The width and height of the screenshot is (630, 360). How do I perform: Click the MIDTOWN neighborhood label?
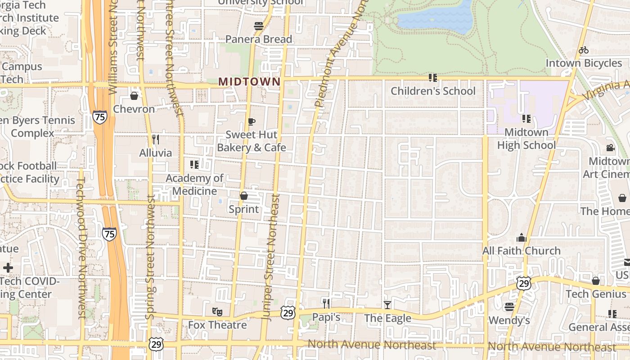tap(249, 81)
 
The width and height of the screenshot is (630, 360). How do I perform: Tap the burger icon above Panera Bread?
tap(258, 26)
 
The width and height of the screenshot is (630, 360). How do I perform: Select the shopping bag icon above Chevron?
tap(134, 96)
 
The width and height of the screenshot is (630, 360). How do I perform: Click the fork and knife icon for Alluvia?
tap(155, 139)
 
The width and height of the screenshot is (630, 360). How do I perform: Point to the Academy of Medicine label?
tap(194, 184)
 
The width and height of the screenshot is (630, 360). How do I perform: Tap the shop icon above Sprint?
tap(243, 196)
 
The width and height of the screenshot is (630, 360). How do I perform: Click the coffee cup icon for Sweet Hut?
tap(251, 121)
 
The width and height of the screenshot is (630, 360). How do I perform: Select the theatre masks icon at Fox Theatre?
tap(217, 311)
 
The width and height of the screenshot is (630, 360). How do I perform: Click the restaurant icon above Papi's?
tap(326, 304)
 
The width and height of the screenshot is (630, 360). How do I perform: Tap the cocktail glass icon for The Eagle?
tap(387, 305)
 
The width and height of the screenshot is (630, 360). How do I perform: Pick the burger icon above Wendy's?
tap(509, 307)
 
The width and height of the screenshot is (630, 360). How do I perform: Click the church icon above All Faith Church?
tap(522, 238)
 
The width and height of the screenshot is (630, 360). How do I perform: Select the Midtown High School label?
tap(526, 139)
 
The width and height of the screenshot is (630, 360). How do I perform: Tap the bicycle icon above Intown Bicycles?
tap(584, 50)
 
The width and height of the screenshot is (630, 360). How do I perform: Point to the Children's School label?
tap(432, 91)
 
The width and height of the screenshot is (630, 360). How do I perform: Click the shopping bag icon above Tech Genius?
tap(595, 281)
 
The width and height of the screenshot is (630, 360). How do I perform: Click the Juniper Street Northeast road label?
tap(271, 256)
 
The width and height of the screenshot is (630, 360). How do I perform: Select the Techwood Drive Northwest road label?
tap(81, 247)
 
